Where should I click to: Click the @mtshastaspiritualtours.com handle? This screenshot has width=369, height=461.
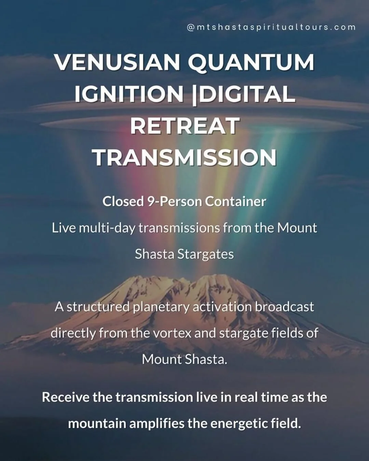pyautogui.click(x=271, y=27)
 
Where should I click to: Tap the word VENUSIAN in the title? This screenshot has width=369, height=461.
pyautogui.click(x=117, y=62)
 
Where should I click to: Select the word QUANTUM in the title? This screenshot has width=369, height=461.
pyautogui.click(x=251, y=62)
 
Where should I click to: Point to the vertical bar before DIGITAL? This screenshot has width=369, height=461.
pyautogui.click(x=194, y=95)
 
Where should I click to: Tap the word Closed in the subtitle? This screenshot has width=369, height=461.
pyautogui.click(x=123, y=201)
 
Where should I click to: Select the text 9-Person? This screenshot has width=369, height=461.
pyautogui.click(x=174, y=201)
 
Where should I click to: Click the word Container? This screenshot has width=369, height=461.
pyautogui.click(x=235, y=201)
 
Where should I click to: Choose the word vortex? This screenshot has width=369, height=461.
pyautogui.click(x=172, y=333)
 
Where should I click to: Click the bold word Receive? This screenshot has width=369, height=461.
pyautogui.click(x=65, y=397)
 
